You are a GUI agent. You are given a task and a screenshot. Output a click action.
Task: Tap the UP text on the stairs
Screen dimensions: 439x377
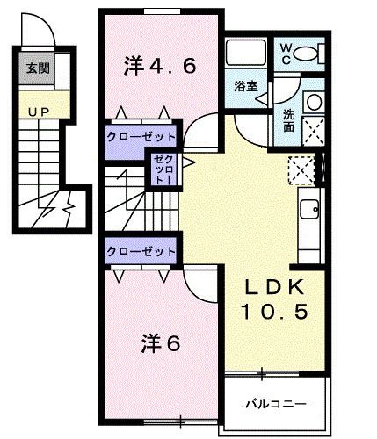(36, 112)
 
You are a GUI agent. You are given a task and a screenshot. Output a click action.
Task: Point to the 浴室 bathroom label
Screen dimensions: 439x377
(245, 87)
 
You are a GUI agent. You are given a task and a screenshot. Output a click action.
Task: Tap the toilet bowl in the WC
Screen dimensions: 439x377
(307, 54)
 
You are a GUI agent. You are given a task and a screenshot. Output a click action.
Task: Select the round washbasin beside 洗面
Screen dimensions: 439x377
(312, 103)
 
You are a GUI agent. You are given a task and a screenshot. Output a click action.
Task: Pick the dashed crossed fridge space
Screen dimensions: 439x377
(301, 168)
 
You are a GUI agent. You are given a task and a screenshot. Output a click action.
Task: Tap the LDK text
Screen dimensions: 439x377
(274, 287)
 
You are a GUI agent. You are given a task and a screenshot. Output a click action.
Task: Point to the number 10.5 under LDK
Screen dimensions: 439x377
(274, 312)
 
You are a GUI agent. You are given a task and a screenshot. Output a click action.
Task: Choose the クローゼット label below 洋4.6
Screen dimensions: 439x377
(140, 138)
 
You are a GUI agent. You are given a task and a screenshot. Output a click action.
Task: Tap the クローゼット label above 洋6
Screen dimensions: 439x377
(140, 251)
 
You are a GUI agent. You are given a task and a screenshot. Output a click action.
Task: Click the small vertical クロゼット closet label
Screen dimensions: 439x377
(163, 168)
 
